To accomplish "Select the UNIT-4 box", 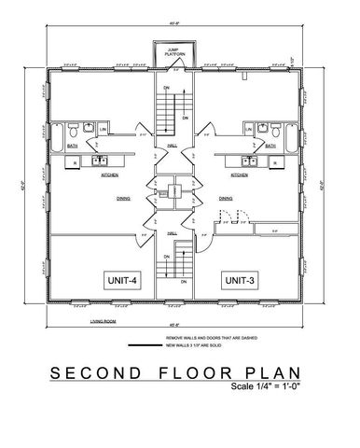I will click(121, 279).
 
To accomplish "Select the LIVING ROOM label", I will click(90, 317).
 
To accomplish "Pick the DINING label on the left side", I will click(122, 198).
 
